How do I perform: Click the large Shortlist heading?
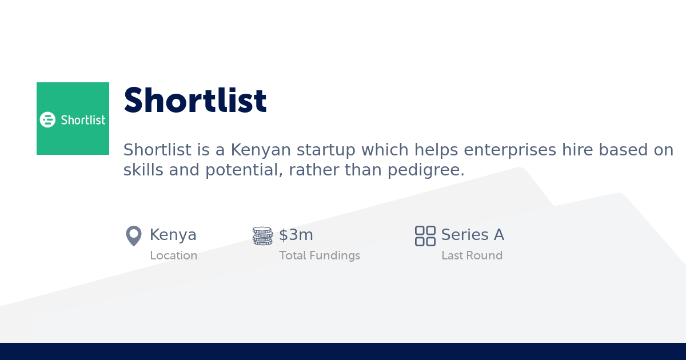click(x=195, y=101)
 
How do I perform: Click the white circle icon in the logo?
click(x=47, y=119)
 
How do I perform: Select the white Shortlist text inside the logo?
click(x=83, y=119)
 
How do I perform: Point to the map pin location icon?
click(x=133, y=235)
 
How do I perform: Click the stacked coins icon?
click(x=262, y=235)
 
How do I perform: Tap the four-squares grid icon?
click(x=425, y=235)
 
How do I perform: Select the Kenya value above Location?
click(x=173, y=235)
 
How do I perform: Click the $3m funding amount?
click(x=296, y=235)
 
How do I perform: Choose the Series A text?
click(x=472, y=235)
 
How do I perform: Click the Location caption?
click(x=173, y=255)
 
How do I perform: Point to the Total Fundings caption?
click(x=320, y=255)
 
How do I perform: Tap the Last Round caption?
click(x=472, y=255)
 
